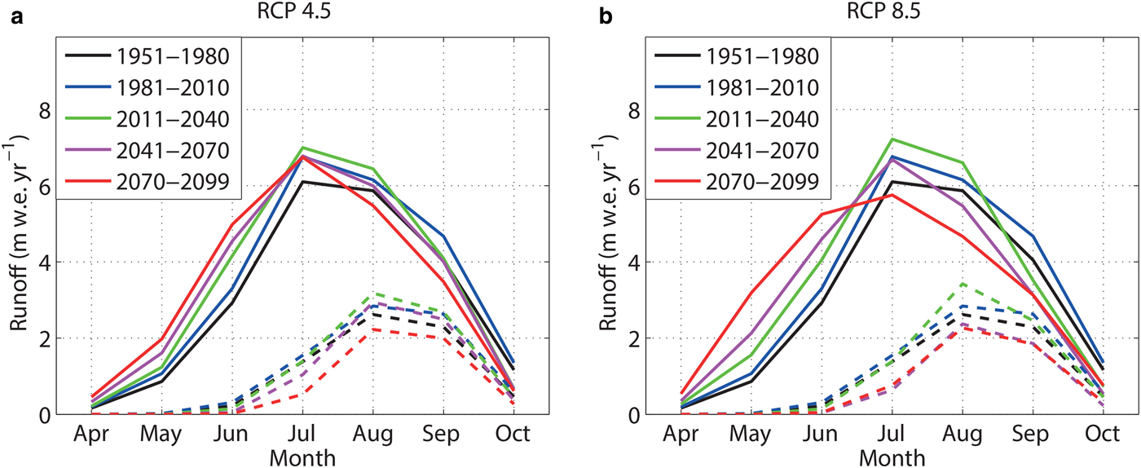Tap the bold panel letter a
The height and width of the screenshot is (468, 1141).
(x=15, y=14)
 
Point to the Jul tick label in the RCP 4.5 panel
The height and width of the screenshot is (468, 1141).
(x=302, y=432)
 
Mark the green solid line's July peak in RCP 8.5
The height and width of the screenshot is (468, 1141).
(x=893, y=139)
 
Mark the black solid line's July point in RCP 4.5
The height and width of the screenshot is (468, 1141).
(x=302, y=181)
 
